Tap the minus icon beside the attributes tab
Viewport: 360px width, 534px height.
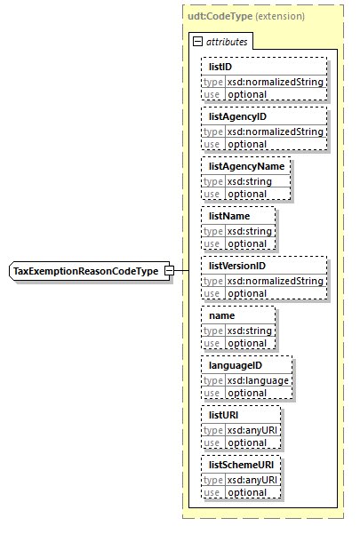pos(196,41)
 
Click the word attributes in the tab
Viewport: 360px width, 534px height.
pos(227,41)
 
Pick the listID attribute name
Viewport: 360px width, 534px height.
pos(221,67)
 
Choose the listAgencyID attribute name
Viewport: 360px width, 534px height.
pos(237,116)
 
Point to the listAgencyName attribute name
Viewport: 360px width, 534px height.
pos(245,166)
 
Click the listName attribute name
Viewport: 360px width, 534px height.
pos(229,216)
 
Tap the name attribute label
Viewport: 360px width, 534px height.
pos(222,315)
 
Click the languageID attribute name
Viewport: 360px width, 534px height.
pos(236,365)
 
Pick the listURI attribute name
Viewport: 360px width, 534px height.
pos(224,415)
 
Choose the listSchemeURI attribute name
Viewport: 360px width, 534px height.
pos(238,465)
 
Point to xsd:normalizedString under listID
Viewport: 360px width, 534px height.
pos(275,82)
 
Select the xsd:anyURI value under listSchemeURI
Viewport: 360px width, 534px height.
pos(252,480)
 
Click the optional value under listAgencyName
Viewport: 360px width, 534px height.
pos(247,193)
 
